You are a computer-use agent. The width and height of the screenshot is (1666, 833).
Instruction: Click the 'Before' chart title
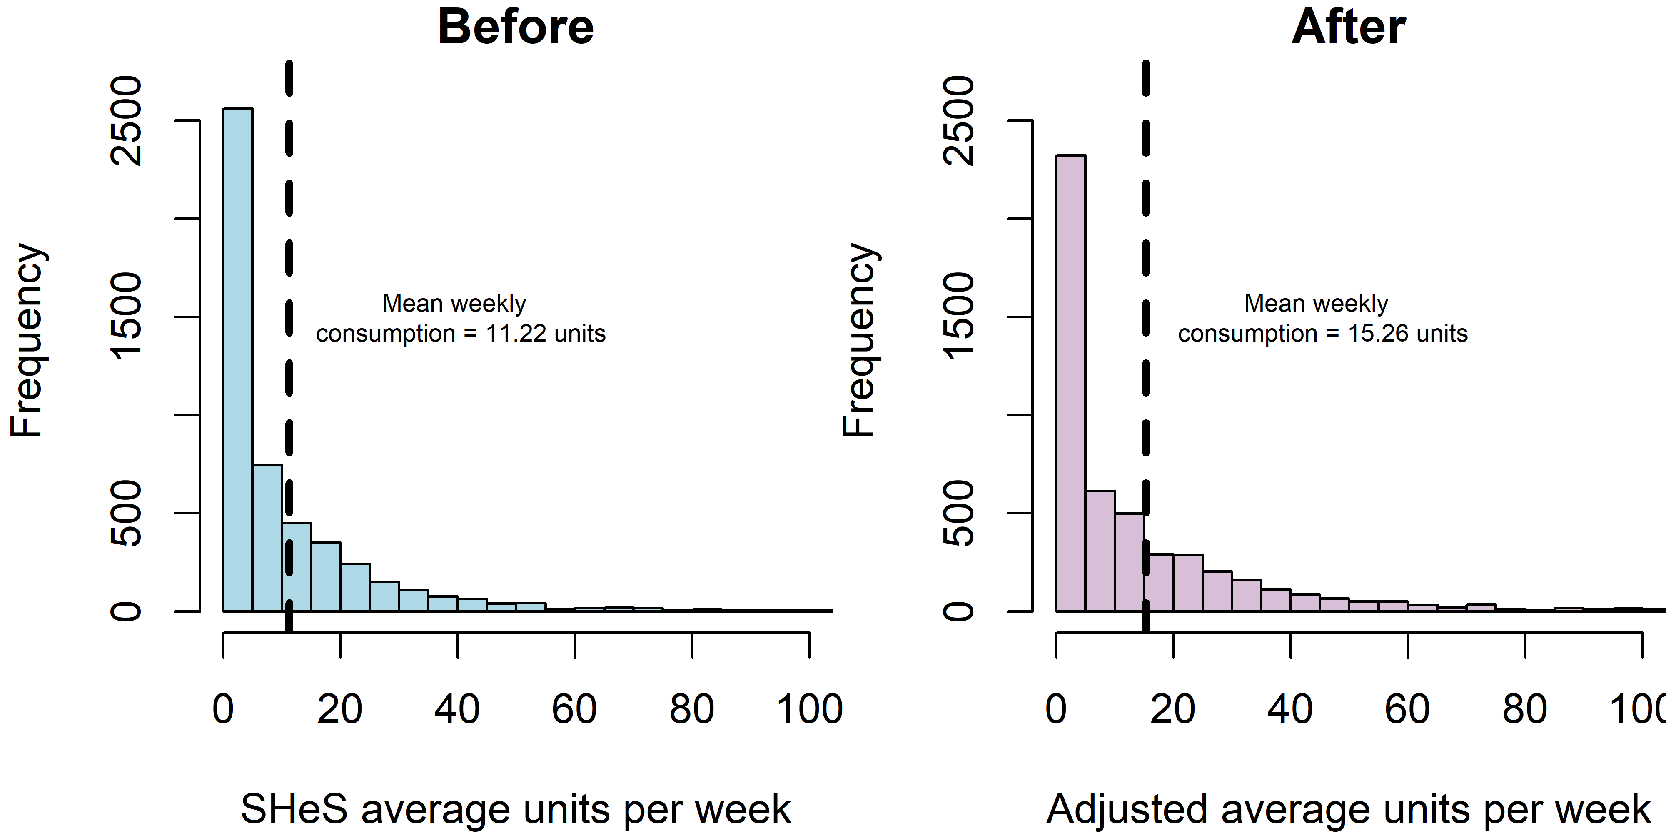pos(516,27)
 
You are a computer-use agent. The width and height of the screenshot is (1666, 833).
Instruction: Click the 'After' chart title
pos(1349,27)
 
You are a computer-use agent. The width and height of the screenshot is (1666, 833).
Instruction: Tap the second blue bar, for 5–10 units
pos(267,537)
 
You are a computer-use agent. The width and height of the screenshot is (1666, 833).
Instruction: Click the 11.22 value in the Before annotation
pos(516,334)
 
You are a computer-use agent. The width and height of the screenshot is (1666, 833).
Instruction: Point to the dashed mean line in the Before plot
pos(289,194)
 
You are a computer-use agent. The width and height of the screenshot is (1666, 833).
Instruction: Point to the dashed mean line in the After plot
pos(1145,194)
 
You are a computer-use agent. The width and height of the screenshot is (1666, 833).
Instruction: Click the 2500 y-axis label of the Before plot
pos(127,120)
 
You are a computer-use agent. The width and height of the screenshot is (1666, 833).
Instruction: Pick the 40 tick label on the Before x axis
pos(456,709)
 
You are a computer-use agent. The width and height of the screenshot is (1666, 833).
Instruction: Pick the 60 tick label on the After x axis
pos(1407,709)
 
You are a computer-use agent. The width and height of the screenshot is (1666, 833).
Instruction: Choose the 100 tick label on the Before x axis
pos(809,709)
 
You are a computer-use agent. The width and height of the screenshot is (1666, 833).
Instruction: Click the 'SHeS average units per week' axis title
pos(516,808)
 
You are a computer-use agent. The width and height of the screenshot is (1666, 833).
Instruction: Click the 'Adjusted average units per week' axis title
pos(1349,808)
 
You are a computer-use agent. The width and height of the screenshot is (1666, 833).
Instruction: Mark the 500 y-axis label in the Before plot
pos(127,513)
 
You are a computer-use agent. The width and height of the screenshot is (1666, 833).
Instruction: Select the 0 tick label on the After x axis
pos(1055,709)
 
